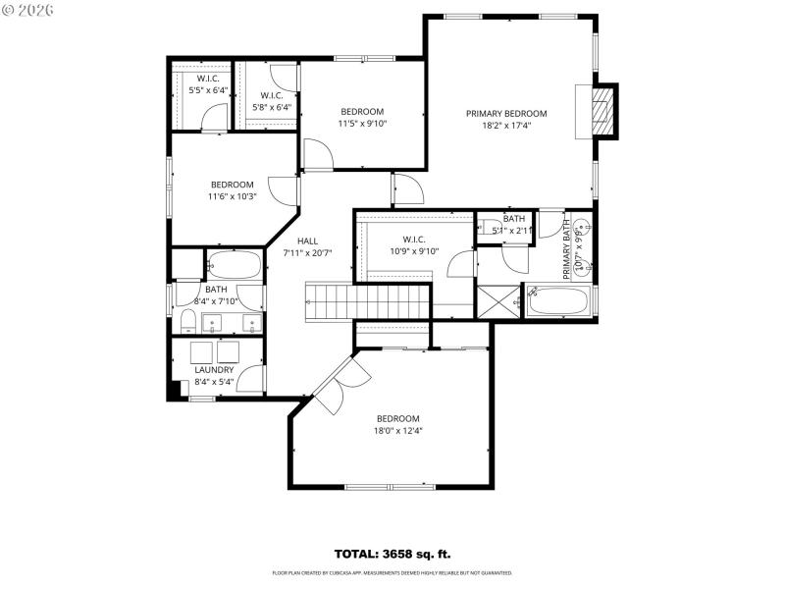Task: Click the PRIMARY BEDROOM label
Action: click(x=506, y=113)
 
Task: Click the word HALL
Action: click(x=308, y=241)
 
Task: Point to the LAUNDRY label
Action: click(x=214, y=370)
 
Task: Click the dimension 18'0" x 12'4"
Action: click(x=397, y=430)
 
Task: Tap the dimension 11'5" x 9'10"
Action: click(x=362, y=124)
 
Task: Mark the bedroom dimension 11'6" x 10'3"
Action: click(x=233, y=196)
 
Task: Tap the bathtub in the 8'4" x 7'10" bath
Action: click(x=234, y=265)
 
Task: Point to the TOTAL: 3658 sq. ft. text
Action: click(x=392, y=554)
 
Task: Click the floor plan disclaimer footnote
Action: click(x=392, y=572)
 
